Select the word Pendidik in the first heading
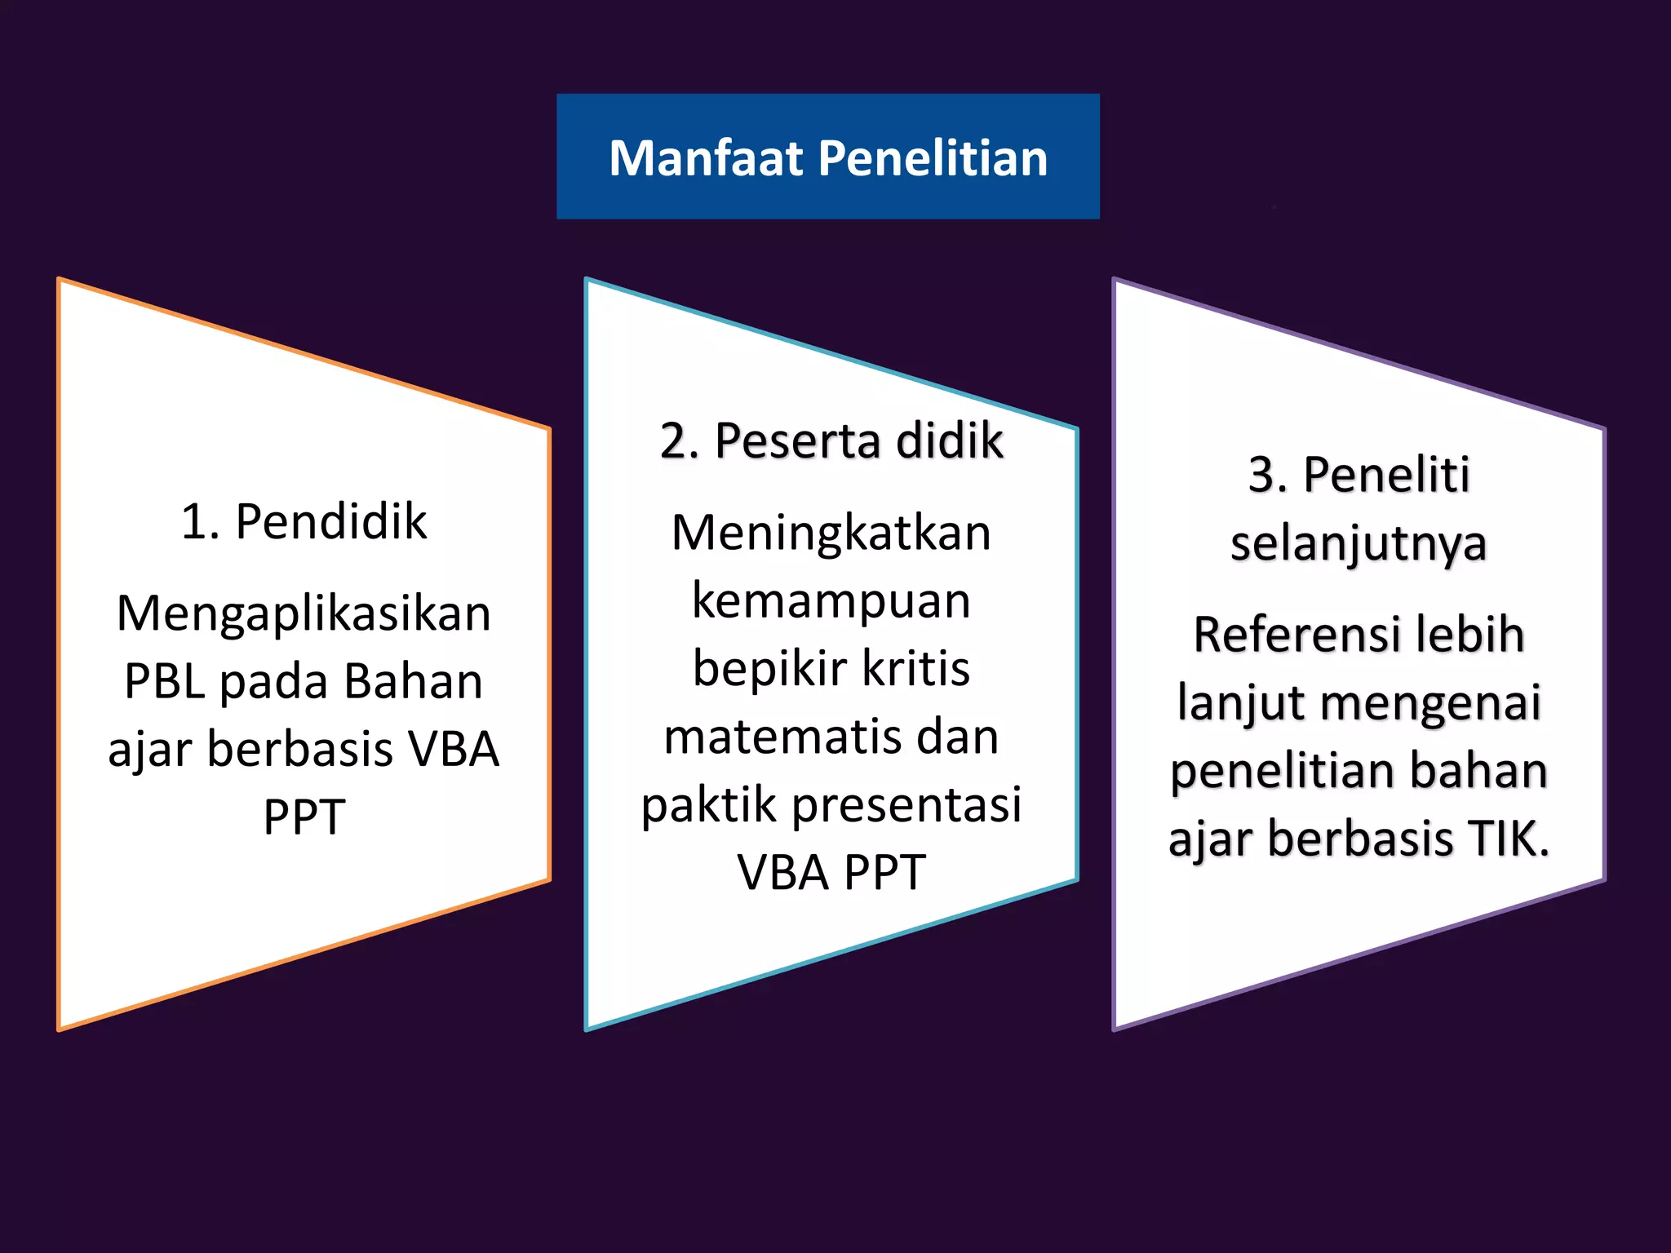click(330, 521)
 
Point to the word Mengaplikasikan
click(304, 613)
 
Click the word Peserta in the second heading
click(797, 441)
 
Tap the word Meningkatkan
click(831, 534)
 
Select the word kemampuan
click(831, 601)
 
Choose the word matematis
click(778, 737)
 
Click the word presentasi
click(906, 804)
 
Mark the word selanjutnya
click(1359, 544)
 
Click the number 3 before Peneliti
click(1261, 475)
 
